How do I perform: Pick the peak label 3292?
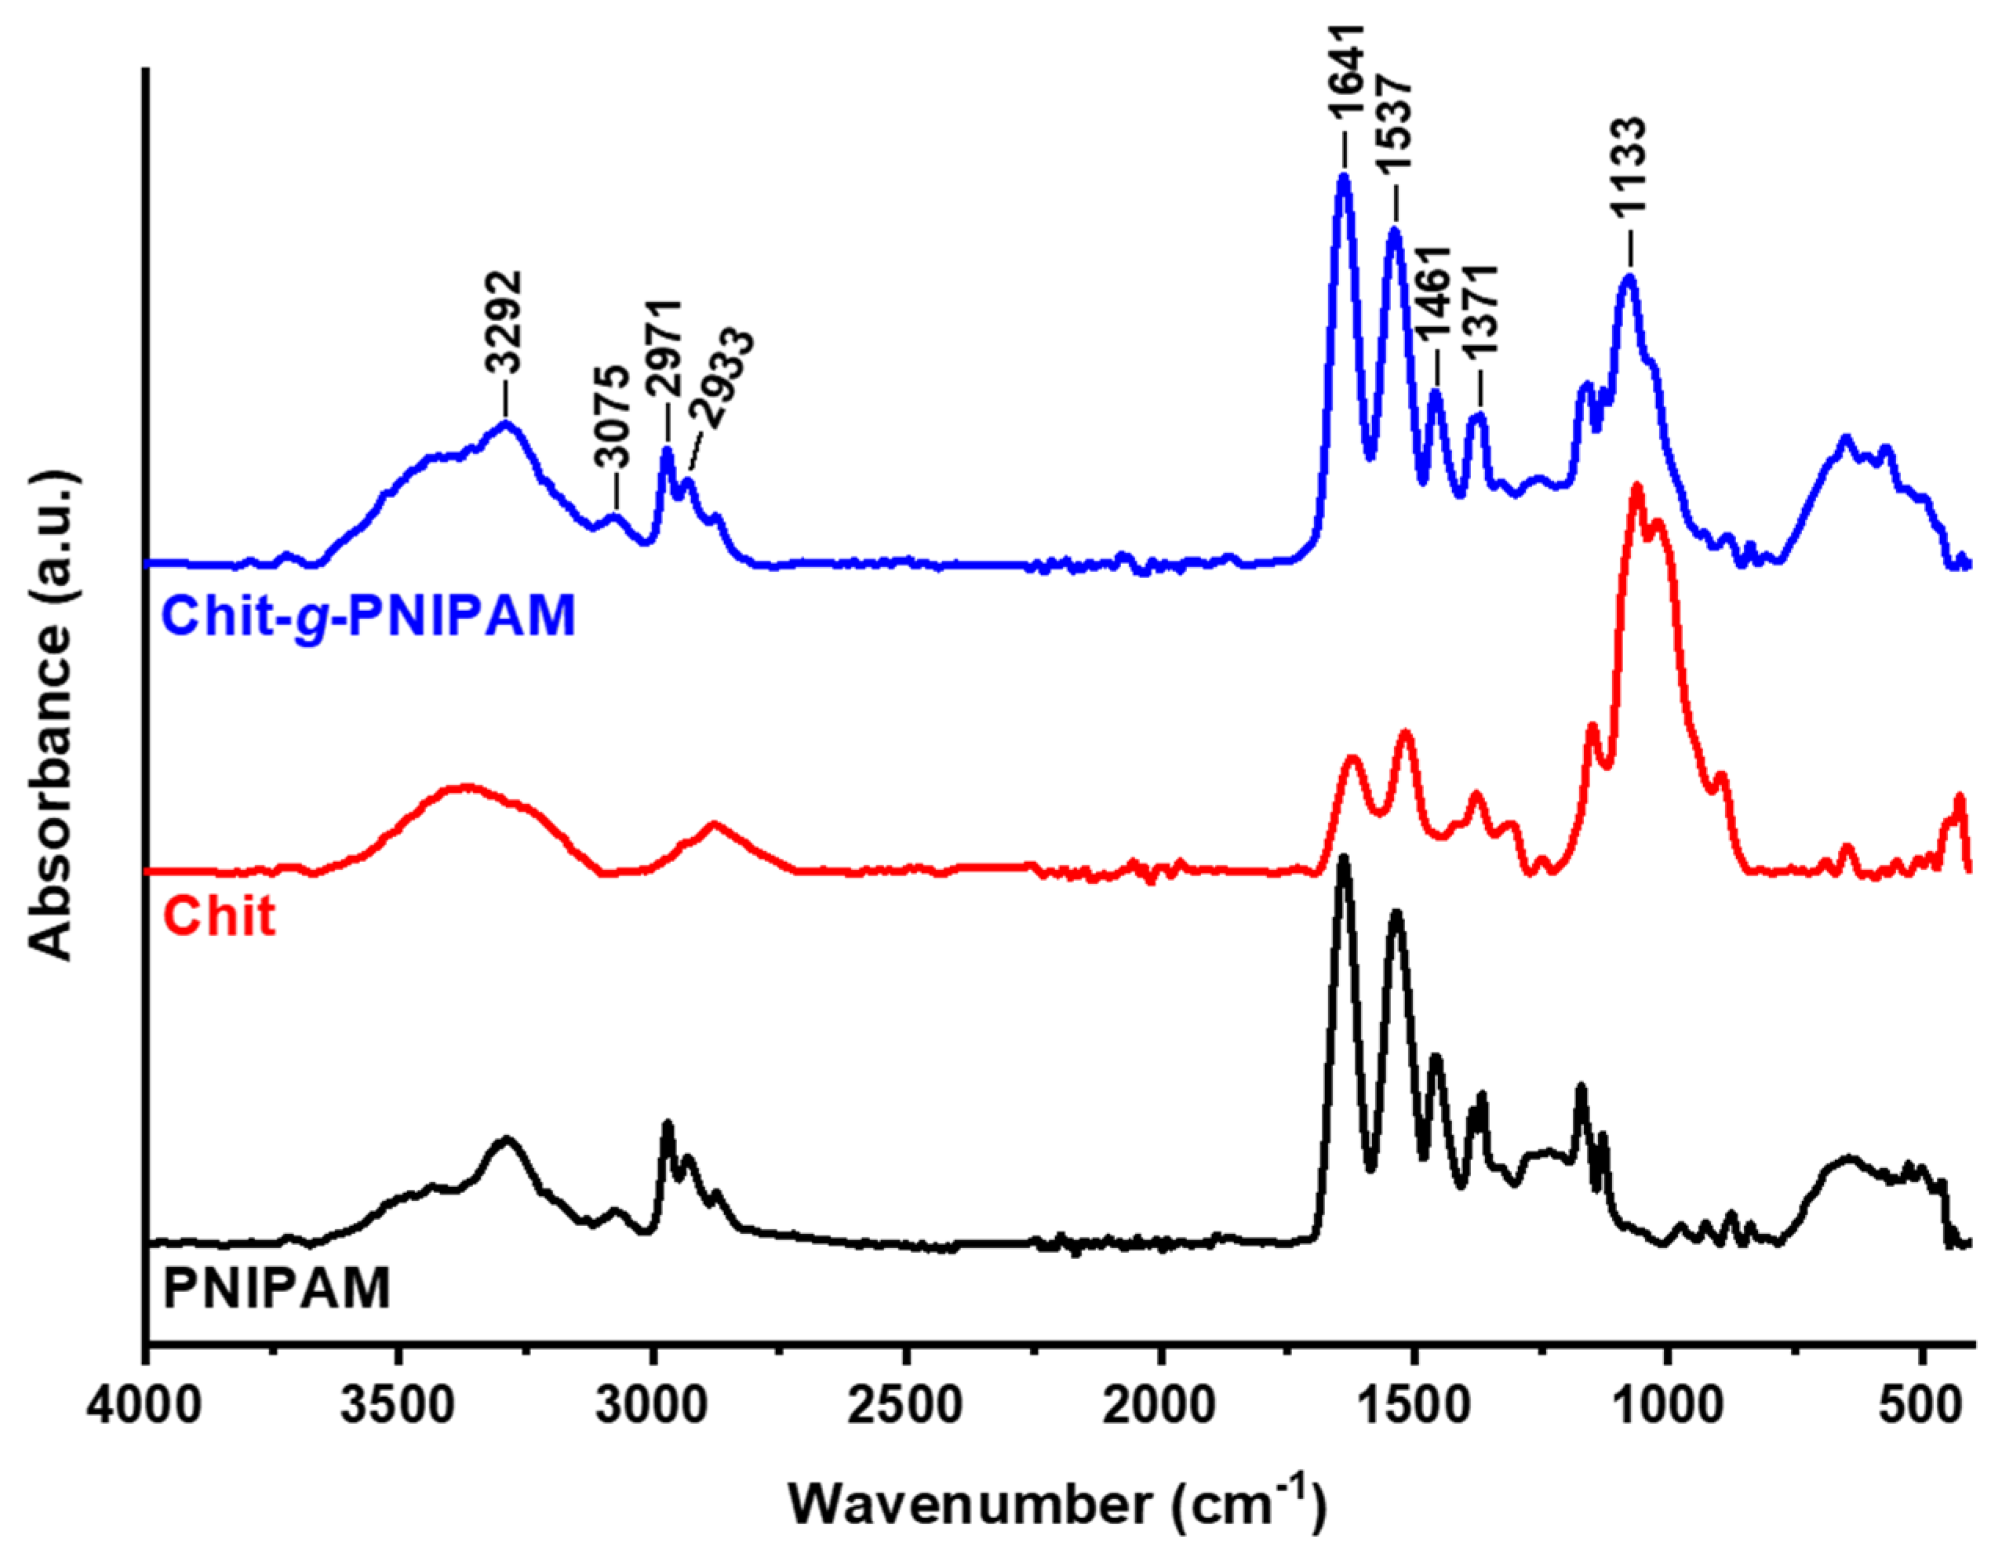click(x=505, y=322)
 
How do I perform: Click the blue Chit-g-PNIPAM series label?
click(x=369, y=616)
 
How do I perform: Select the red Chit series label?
click(x=220, y=916)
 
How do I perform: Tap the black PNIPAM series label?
click(x=276, y=1288)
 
